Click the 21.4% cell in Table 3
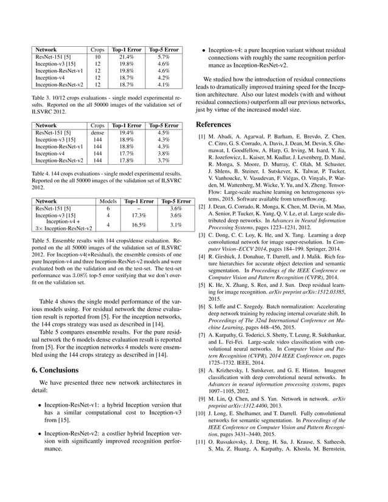(126, 57)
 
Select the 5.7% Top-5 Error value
(164, 57)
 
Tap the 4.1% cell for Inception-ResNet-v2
(164, 85)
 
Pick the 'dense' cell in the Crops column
(97, 132)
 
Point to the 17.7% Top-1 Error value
(126, 154)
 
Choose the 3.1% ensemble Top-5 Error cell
(176, 224)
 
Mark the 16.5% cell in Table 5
(139, 224)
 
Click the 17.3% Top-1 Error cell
(139, 215)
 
